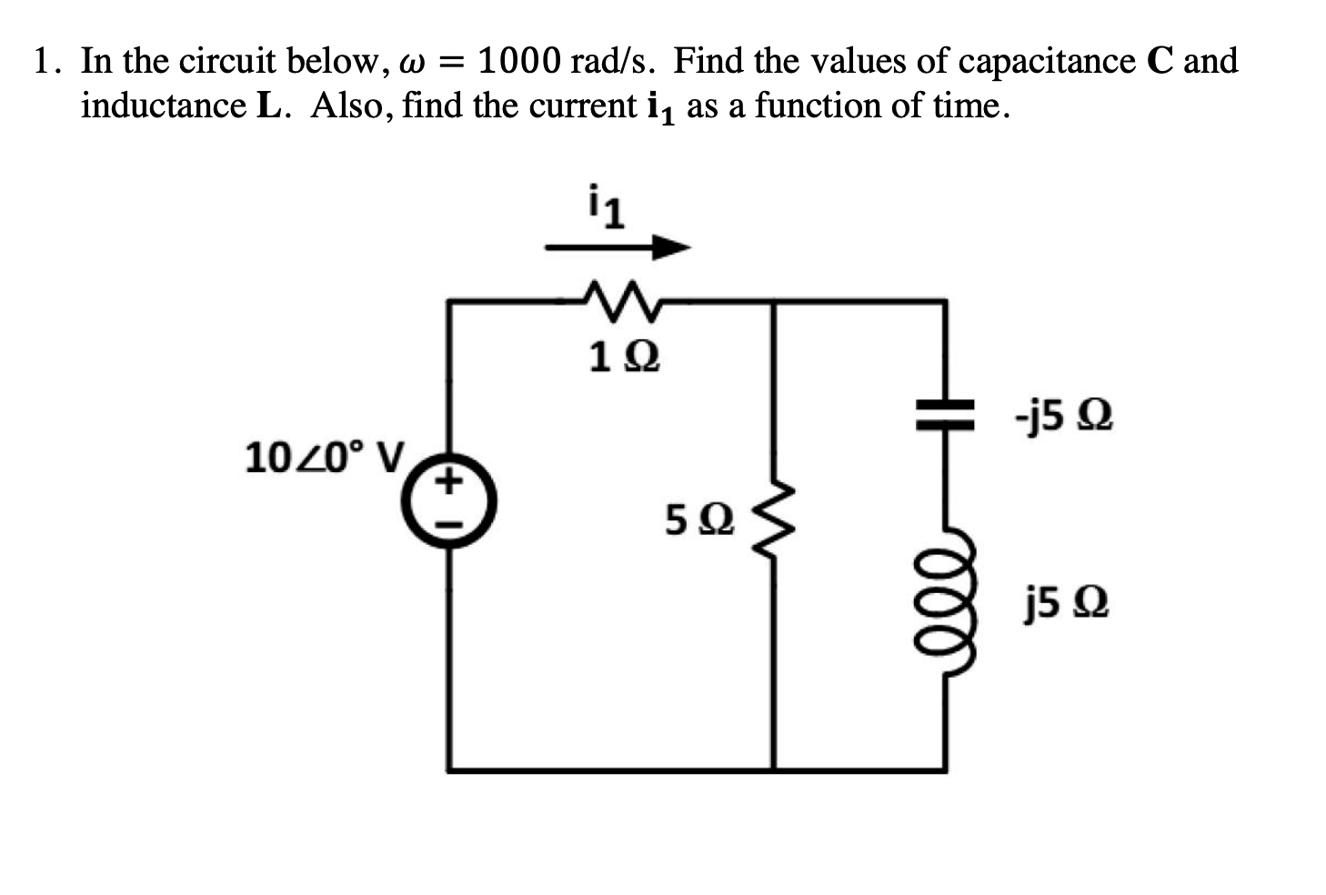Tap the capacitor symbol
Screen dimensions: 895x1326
(944, 416)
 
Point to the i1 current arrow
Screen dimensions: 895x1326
(618, 246)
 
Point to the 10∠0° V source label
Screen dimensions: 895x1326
(325, 457)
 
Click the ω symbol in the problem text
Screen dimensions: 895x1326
(408, 64)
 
